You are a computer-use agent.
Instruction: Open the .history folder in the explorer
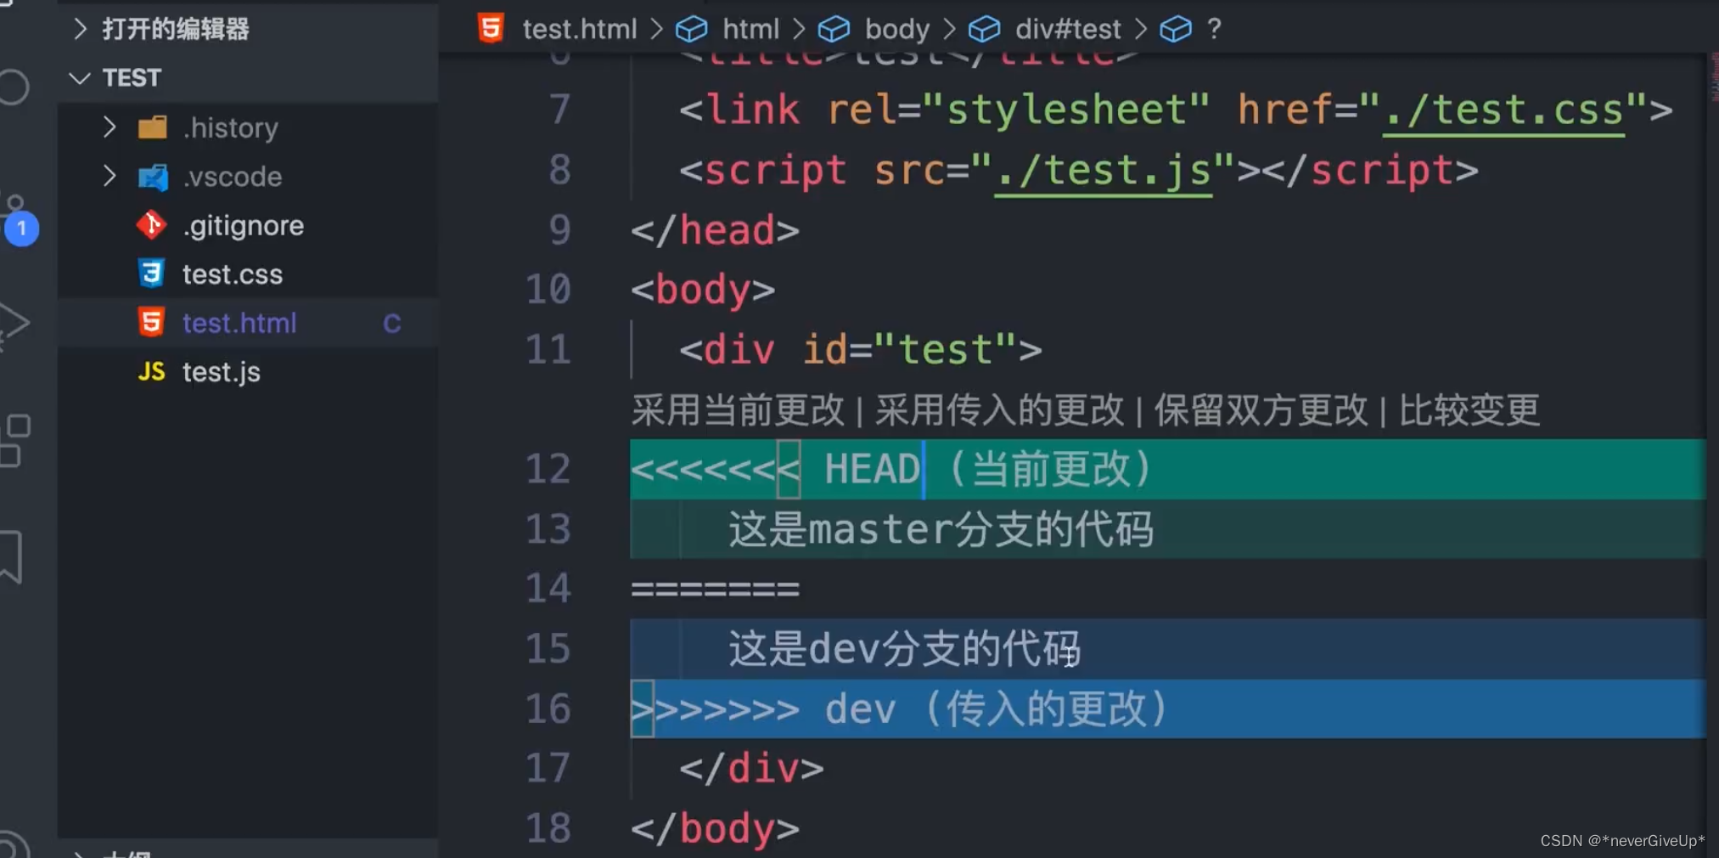coord(230,128)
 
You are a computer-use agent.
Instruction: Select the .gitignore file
coord(243,226)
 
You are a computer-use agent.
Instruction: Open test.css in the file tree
coord(232,274)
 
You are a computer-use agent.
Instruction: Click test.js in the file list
coord(221,372)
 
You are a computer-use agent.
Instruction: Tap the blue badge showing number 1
coord(22,229)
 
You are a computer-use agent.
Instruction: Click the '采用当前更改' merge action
coord(738,410)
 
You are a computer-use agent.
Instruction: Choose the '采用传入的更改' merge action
coord(999,410)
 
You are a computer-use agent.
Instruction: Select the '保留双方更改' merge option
coord(1261,410)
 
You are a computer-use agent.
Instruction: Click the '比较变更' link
coord(1469,410)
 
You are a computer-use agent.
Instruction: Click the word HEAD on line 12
coord(872,469)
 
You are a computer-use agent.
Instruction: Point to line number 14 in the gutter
coord(548,589)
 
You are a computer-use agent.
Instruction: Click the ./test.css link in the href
coord(1503,110)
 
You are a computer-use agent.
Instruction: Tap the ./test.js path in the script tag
coord(1103,171)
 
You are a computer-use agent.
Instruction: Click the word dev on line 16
coord(860,708)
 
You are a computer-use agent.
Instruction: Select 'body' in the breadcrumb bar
coord(896,30)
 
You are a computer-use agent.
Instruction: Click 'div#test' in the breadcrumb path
coord(1067,30)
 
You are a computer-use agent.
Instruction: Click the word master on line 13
coord(880,529)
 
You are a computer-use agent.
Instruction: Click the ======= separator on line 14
coord(715,589)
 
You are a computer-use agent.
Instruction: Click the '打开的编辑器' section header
coord(175,30)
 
